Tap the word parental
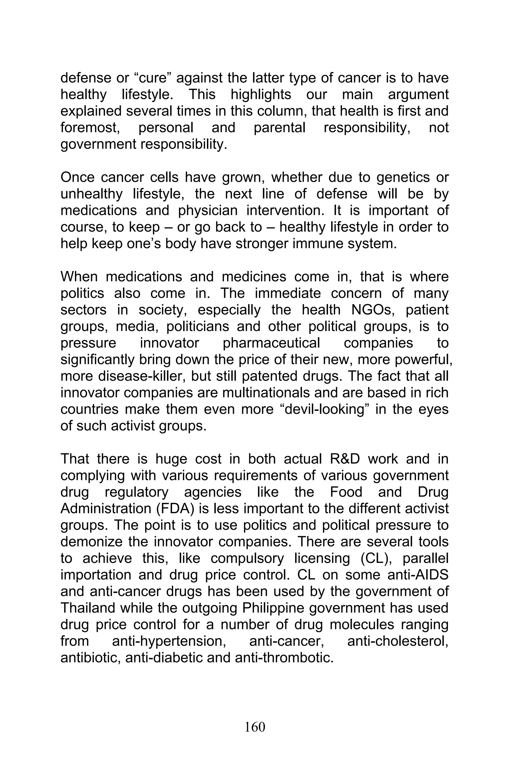click(x=279, y=128)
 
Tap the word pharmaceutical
click(x=271, y=343)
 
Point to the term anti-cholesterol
click(x=398, y=641)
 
